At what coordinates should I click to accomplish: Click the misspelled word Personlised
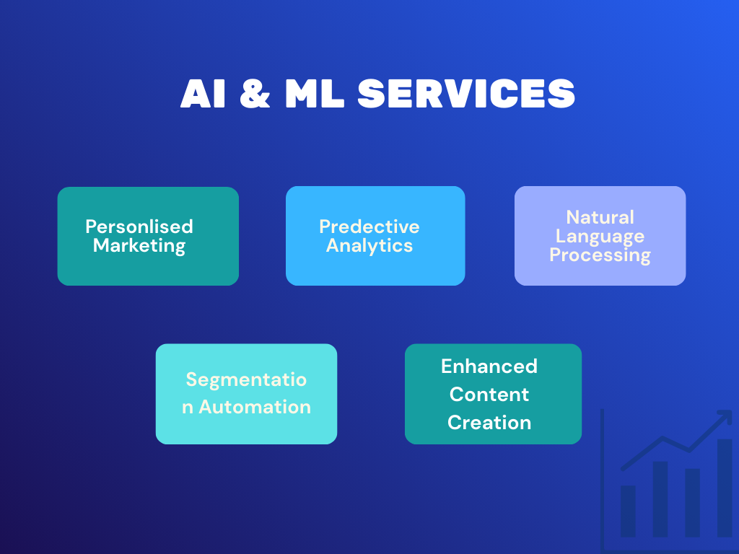click(x=139, y=227)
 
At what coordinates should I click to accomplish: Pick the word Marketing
click(x=139, y=245)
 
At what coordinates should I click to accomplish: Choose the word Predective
click(x=369, y=227)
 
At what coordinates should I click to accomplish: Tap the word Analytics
click(x=369, y=246)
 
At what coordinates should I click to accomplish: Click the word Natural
click(x=600, y=217)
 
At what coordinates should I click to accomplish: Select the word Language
click(x=600, y=237)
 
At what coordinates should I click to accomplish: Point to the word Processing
click(x=600, y=255)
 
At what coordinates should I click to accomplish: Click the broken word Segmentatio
click(x=246, y=379)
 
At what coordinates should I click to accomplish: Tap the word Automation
click(x=255, y=407)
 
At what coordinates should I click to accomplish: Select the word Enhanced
click(x=489, y=366)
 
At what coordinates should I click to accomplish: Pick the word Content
click(x=489, y=395)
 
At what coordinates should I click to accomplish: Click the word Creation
click(x=489, y=423)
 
